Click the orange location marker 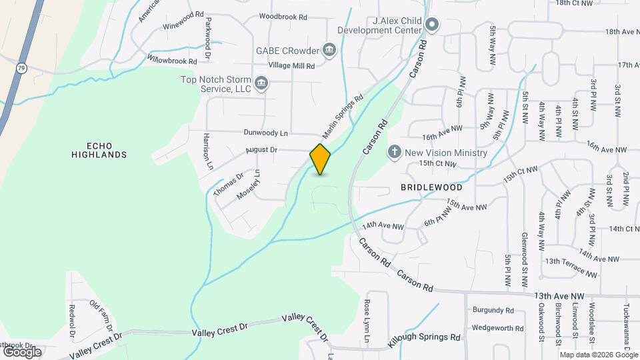[x=320, y=159]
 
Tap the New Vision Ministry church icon [x=395, y=153]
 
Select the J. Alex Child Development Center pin [x=431, y=26]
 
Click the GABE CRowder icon [x=329, y=49]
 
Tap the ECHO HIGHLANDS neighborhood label [x=98, y=150]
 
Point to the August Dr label [x=261, y=150]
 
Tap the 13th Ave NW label [x=559, y=295]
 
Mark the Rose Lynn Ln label [x=367, y=321]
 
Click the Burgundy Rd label [x=493, y=310]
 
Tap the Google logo [x=22, y=351]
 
